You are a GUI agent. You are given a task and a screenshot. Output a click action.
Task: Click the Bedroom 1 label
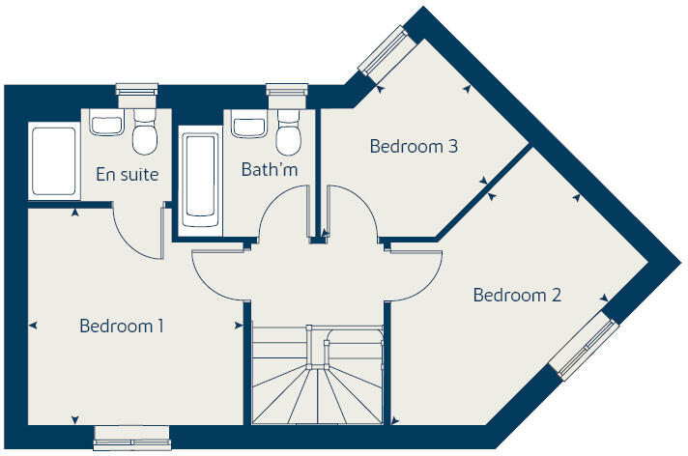point(121,327)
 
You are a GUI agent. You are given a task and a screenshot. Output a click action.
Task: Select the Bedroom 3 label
point(414,148)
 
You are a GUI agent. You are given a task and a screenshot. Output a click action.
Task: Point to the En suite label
point(127,175)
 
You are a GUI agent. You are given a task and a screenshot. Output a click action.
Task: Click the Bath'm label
point(270,170)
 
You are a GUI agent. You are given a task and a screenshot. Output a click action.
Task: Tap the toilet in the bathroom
point(288,136)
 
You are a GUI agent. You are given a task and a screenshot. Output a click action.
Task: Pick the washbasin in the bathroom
point(248,127)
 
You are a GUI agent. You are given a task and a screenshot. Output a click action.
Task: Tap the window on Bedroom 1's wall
point(131,440)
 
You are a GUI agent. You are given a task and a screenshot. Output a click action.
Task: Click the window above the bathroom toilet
point(286,94)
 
